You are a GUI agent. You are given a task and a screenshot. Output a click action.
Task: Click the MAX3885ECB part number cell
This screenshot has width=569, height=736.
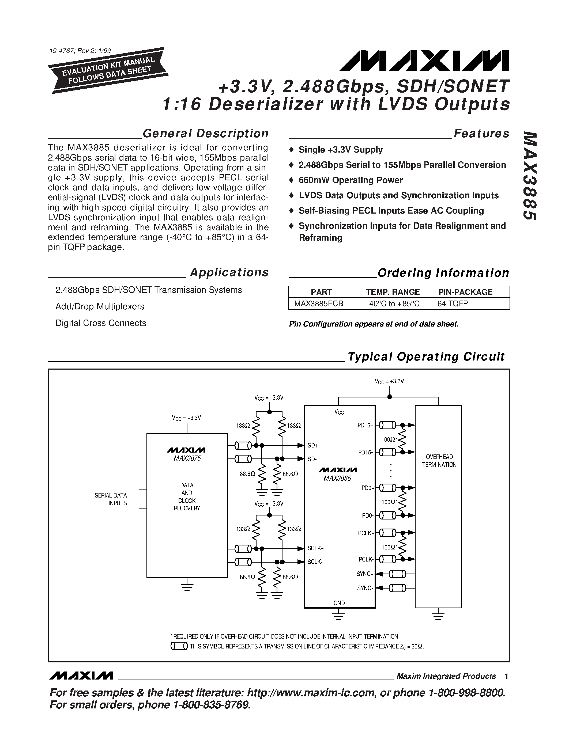[319, 304]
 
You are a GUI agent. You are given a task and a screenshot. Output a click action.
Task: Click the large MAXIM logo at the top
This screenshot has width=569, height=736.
[424, 61]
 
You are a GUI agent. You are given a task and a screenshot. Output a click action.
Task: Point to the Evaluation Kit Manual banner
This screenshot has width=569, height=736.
[108, 70]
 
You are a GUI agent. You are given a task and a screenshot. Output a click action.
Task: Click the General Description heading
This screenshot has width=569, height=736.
[206, 134]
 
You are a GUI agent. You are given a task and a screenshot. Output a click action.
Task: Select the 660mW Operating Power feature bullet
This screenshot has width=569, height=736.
[351, 180]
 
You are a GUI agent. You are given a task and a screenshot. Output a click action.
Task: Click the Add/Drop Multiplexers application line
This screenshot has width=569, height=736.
[100, 307]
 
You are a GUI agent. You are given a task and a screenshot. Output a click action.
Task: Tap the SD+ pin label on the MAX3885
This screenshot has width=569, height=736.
[312, 446]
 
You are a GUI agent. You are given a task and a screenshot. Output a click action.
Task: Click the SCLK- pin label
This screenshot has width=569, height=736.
[315, 562]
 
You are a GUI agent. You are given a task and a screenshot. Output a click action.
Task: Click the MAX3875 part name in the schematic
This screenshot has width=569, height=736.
[187, 459]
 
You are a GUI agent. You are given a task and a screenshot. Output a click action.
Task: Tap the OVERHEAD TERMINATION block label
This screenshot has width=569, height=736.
[439, 461]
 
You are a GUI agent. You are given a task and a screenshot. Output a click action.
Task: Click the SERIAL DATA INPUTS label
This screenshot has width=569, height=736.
[111, 499]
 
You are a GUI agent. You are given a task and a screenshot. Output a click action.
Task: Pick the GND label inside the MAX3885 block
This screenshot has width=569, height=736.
[339, 603]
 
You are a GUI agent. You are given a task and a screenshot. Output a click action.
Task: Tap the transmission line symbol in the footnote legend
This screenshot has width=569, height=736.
[179, 646]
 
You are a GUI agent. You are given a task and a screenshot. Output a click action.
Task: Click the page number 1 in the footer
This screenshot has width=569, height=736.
[506, 676]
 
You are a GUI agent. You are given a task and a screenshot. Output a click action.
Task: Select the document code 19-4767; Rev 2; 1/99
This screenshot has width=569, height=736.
[80, 51]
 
